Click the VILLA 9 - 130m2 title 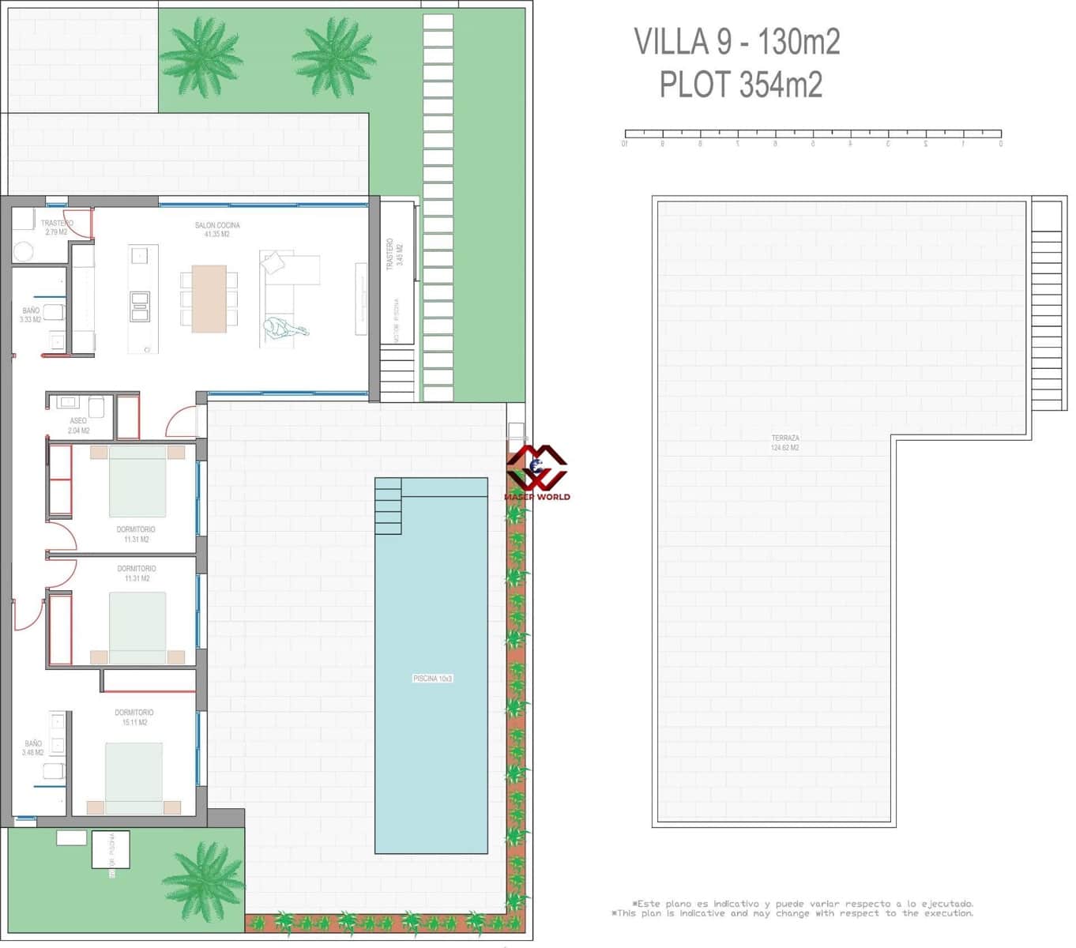(736, 42)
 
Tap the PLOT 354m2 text (740, 85)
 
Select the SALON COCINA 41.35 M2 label (217, 230)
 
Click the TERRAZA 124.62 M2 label (784, 443)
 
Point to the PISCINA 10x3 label (432, 679)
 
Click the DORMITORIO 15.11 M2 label (134, 717)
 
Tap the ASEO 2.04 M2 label (78, 426)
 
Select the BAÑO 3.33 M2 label (31, 315)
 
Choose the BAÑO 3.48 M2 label (33, 748)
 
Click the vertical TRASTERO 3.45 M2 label (394, 253)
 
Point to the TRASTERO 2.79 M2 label (56, 228)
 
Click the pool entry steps (388, 506)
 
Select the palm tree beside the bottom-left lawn (203, 881)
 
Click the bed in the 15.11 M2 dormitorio (134, 777)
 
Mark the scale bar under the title (812, 134)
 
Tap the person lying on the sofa (287, 328)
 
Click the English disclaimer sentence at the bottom (792, 914)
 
